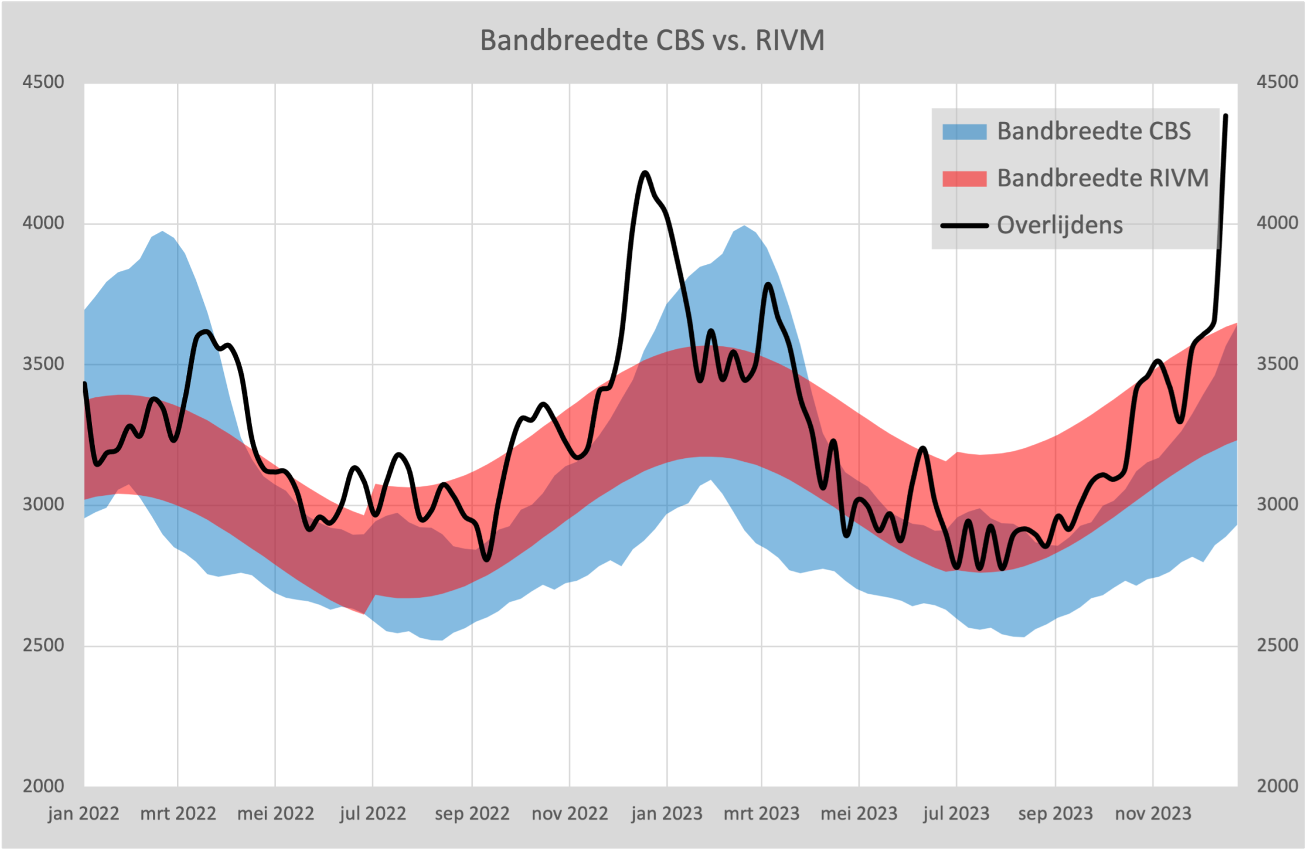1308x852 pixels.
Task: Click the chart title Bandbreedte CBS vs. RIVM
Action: (652, 40)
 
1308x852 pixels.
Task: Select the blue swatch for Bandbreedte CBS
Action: (964, 131)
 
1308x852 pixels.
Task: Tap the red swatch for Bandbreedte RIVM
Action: (964, 178)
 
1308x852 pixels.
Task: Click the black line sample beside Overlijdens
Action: (964, 226)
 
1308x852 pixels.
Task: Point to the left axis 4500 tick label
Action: (43, 82)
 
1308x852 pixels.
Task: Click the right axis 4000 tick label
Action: (1277, 223)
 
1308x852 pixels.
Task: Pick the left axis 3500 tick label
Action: (43, 364)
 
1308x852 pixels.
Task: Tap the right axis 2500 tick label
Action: (1277, 645)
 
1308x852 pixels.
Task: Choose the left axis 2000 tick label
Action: (43, 786)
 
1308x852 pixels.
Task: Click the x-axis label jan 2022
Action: (83, 814)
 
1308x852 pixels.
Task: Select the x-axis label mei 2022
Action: (275, 814)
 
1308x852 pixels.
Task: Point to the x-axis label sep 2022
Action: (472, 814)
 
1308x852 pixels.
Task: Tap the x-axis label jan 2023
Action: (666, 814)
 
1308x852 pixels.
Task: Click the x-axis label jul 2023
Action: (956, 814)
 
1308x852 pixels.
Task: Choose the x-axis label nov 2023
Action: (1153, 814)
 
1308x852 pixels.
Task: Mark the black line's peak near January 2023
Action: (645, 172)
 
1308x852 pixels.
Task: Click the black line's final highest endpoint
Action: (1226, 116)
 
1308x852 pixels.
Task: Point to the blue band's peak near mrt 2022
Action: (162, 232)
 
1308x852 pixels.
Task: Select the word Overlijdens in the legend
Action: (1060, 226)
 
